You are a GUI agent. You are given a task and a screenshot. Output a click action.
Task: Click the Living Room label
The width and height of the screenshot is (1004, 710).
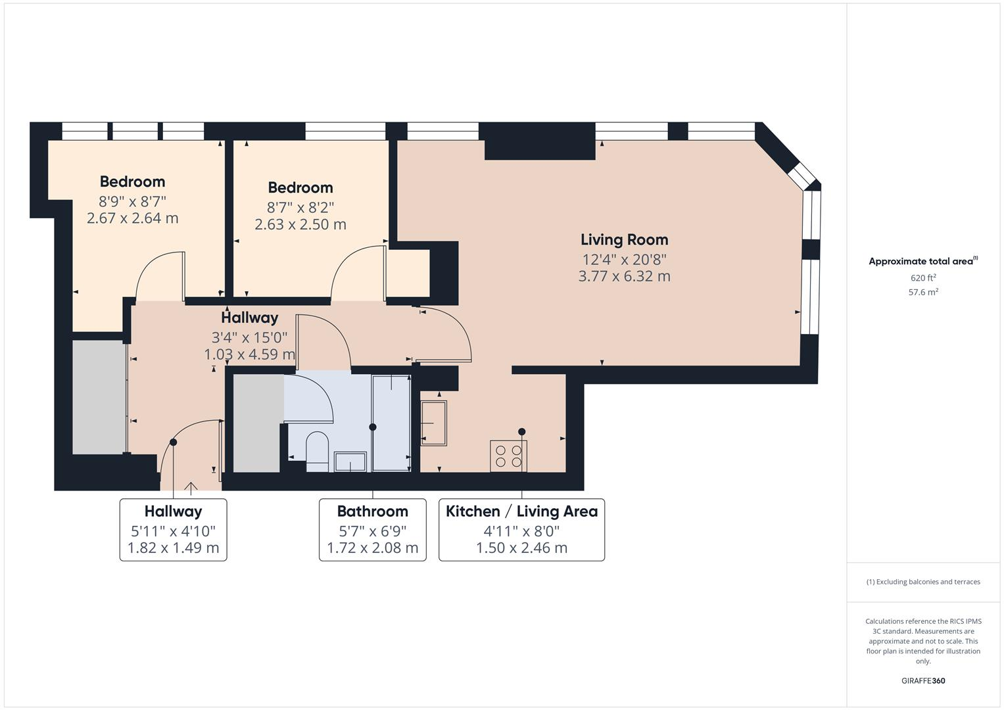[624, 240]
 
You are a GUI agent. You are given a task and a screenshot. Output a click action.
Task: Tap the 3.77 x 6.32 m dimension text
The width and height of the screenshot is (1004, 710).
[624, 276]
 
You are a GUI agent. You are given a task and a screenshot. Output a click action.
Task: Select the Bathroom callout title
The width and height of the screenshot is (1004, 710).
[372, 511]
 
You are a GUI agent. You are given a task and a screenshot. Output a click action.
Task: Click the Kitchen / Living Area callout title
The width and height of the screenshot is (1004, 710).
[521, 511]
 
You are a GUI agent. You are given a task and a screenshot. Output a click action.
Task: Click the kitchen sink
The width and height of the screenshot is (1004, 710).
[433, 423]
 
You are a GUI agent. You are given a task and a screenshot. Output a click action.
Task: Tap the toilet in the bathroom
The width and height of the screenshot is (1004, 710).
[317, 450]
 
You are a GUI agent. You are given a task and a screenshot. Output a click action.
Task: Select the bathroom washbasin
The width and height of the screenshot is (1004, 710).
[350, 461]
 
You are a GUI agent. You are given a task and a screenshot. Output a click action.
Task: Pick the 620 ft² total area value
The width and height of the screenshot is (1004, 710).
[923, 278]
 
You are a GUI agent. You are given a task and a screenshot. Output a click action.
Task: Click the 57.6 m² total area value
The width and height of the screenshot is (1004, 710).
[923, 293]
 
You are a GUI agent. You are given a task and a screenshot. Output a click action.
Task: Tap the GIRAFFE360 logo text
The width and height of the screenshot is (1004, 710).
[923, 680]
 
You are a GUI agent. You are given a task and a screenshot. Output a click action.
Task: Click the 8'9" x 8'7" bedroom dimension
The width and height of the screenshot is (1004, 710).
[132, 201]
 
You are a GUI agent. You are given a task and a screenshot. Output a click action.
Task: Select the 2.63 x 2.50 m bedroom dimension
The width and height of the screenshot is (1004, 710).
[300, 224]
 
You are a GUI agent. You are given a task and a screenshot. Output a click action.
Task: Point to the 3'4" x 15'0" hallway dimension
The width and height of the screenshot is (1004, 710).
[249, 338]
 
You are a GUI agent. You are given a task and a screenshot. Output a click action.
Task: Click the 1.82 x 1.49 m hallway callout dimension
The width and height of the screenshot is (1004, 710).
[173, 548]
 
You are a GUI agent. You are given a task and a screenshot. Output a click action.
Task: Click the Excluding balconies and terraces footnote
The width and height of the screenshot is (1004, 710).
[923, 582]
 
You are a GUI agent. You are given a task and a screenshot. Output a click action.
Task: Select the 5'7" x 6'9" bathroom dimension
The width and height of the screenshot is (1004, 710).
[372, 531]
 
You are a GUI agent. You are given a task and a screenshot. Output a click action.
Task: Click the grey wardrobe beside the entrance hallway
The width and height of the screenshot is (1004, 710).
[99, 396]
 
